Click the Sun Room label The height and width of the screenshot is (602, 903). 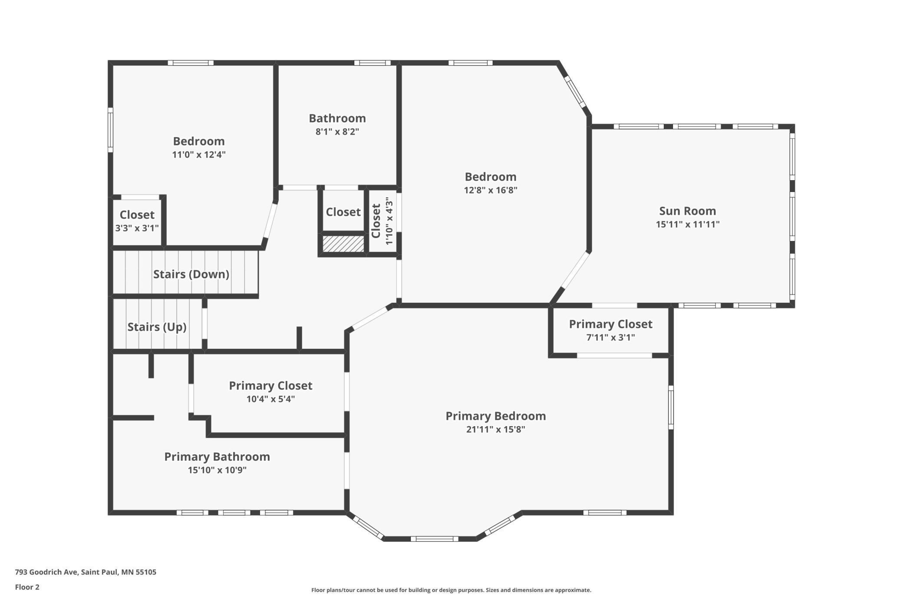click(x=687, y=211)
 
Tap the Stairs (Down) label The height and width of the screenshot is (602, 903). click(x=191, y=274)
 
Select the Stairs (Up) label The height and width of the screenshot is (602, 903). click(x=157, y=327)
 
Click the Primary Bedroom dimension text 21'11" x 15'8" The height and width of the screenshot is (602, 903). click(x=496, y=430)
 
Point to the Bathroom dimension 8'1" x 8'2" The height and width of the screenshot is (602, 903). click(x=337, y=132)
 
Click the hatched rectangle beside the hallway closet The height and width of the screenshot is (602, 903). click(x=343, y=244)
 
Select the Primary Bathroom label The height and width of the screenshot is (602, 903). click(x=217, y=456)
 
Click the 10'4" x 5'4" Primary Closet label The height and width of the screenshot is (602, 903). click(x=270, y=392)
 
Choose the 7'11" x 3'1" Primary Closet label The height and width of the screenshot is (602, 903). click(x=610, y=330)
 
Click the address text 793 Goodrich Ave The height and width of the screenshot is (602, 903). click(x=46, y=572)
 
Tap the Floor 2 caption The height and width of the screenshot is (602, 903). click(x=27, y=587)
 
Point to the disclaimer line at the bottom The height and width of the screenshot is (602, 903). click(x=451, y=590)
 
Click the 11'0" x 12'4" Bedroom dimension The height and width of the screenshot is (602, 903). click(x=199, y=155)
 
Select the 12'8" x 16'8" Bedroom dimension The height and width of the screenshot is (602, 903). click(x=491, y=190)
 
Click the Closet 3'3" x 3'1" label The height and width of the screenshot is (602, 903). click(x=137, y=221)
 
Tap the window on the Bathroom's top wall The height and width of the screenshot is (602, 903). click(x=372, y=63)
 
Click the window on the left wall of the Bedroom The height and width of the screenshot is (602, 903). click(x=110, y=130)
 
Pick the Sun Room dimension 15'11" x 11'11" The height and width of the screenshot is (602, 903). click(x=688, y=225)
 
